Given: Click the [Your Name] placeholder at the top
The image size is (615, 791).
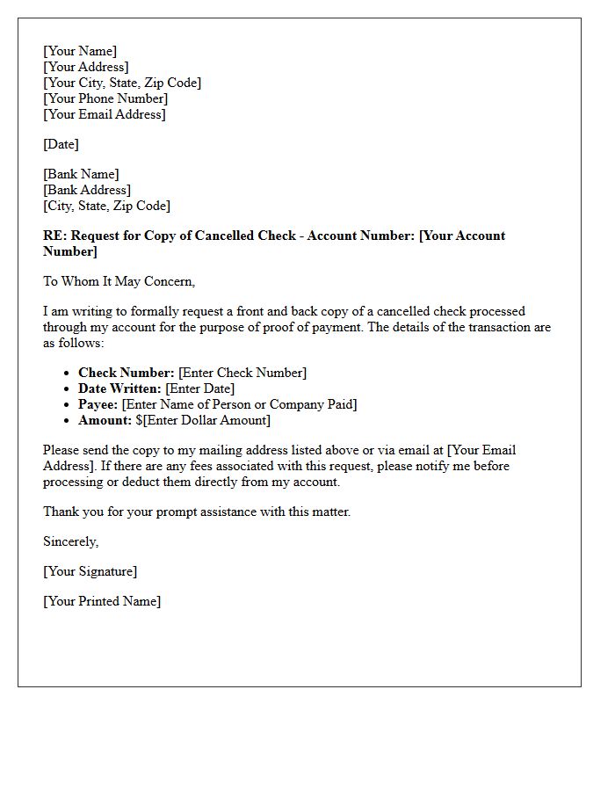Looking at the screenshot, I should point(80,51).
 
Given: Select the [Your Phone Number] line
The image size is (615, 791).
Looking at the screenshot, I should point(105,98).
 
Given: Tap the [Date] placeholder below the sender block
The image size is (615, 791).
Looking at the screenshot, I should point(61,144).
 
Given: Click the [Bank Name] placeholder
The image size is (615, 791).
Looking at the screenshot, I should point(81,174).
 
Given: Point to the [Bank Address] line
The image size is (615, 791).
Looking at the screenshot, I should point(87,190).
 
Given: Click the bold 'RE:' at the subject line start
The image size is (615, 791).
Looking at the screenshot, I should point(54,236).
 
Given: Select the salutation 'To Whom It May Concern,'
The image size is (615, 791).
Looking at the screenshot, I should point(119,281).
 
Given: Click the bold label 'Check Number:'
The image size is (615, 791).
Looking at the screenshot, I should point(127,373).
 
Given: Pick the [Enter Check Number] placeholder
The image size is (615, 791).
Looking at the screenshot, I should point(242,373).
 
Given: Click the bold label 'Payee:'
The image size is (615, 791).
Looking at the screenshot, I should point(98,404).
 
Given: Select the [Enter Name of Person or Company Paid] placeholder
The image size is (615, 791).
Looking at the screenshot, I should point(239,404).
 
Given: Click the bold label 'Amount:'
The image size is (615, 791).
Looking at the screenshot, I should point(105,420).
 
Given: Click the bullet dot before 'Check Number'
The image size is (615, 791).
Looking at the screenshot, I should point(69,374).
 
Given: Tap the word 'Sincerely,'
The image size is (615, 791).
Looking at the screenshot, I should point(70,541).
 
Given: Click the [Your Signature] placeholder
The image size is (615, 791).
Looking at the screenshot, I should point(90,571).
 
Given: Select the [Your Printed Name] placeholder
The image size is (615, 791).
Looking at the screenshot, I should point(102,601).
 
